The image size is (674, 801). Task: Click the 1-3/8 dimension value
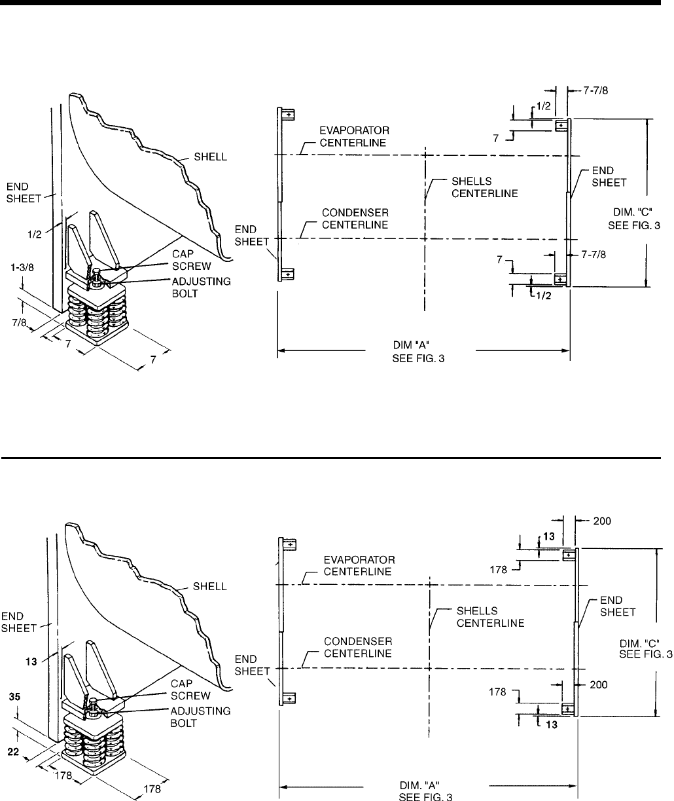tap(22, 267)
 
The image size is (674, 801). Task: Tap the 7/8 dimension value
tap(19, 323)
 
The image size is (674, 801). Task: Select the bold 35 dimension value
tap(14, 697)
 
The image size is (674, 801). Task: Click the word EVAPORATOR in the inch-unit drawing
tap(355, 130)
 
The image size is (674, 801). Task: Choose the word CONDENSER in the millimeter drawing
tap(358, 641)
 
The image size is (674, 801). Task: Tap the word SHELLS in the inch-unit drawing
tap(472, 181)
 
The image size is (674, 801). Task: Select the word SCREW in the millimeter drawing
tap(190, 696)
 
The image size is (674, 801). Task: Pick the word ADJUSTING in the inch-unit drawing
tap(202, 282)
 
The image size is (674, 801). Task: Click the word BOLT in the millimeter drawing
tap(183, 724)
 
